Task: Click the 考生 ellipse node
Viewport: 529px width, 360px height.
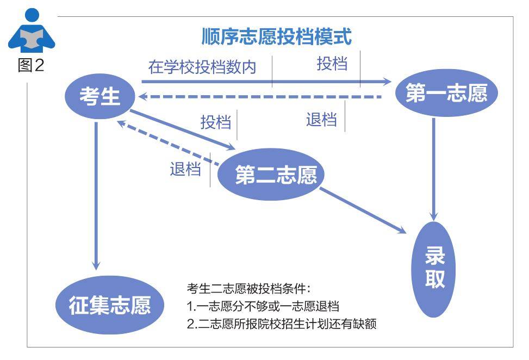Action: [100, 96]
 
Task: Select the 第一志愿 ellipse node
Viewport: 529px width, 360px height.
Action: [447, 93]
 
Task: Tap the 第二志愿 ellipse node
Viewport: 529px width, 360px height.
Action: [271, 175]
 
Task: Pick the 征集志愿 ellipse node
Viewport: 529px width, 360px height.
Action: [110, 305]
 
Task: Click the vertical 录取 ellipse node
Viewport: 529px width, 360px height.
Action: [433, 269]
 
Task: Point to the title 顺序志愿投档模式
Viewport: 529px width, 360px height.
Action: [277, 36]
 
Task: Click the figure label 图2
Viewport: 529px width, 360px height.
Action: [30, 65]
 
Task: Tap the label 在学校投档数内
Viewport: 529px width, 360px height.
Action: [202, 67]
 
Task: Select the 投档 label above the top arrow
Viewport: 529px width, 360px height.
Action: [332, 63]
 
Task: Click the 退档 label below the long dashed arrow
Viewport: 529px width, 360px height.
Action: [321, 120]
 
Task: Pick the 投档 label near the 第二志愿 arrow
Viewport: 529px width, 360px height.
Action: [216, 122]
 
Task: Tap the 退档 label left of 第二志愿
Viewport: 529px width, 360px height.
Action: [185, 169]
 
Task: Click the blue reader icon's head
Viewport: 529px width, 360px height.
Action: [32, 15]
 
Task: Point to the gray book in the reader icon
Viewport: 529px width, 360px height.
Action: [32, 38]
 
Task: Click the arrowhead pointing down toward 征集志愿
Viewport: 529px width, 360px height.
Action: [96, 265]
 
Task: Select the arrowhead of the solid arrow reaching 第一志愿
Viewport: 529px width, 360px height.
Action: [387, 82]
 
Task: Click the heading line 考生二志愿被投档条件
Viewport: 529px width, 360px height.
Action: [248, 289]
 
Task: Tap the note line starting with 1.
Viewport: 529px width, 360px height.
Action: [263, 306]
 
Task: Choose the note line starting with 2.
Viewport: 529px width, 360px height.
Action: [282, 324]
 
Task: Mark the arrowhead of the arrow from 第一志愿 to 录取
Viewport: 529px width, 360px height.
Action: [434, 216]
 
